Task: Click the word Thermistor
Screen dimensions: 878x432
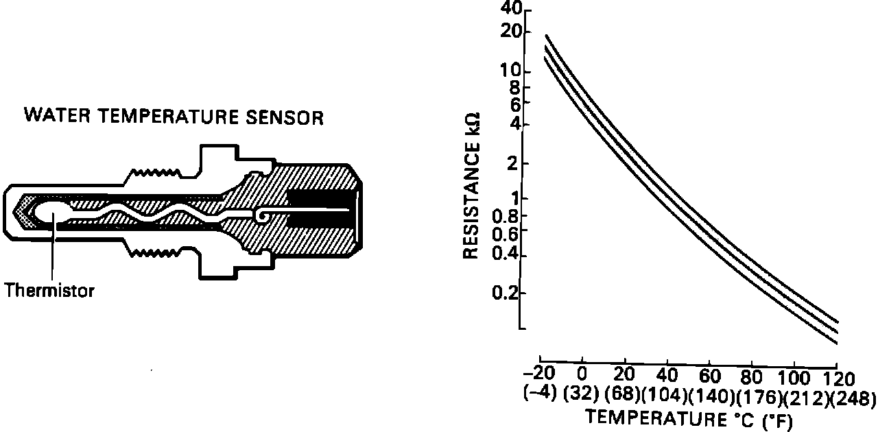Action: pos(49,291)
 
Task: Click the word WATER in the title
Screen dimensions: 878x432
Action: pos(57,115)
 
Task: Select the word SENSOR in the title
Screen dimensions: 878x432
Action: pos(285,117)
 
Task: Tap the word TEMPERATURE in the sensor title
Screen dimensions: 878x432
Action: pos(168,117)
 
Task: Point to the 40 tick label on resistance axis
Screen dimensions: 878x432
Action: pos(511,8)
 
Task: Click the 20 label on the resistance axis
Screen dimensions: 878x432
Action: pos(512,32)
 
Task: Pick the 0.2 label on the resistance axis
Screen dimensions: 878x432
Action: pos(506,293)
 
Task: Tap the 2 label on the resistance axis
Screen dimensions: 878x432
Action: pos(512,163)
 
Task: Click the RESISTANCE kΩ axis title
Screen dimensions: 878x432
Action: pos(471,187)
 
